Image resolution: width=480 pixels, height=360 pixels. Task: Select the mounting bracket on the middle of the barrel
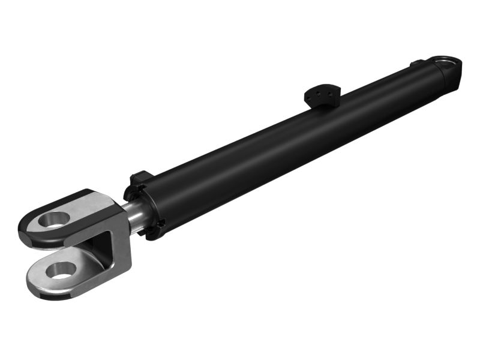(x=322, y=95)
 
